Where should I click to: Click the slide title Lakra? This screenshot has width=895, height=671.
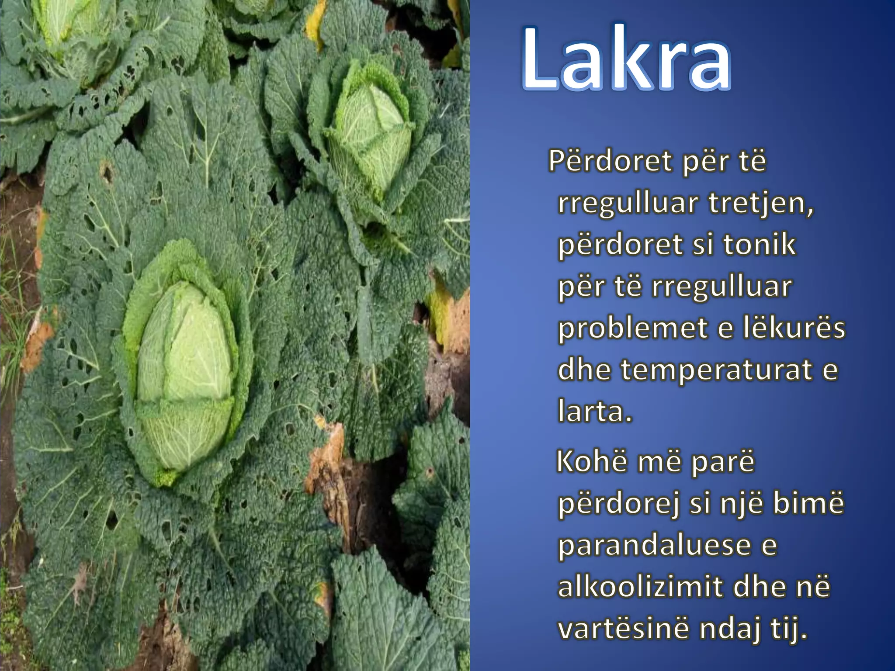click(626, 59)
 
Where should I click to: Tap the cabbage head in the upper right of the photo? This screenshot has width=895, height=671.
click(371, 131)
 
